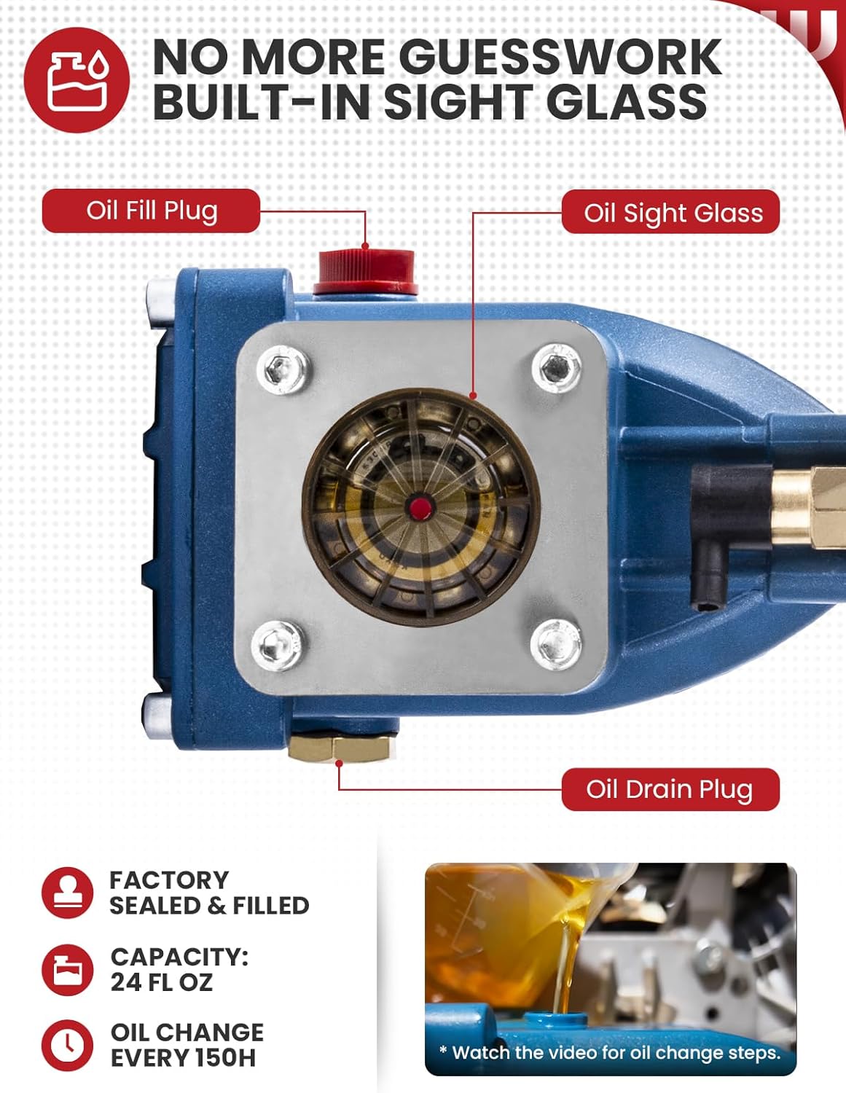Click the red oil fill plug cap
click(364, 270)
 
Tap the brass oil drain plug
click(342, 747)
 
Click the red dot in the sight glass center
click(418, 507)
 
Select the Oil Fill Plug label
click(152, 211)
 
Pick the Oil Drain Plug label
click(669, 789)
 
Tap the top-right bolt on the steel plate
click(557, 367)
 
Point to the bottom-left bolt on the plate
click(278, 645)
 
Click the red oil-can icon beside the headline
click(77, 80)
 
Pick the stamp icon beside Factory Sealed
click(68, 892)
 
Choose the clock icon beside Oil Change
click(68, 1045)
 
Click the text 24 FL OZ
click(161, 982)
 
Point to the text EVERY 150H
click(183, 1058)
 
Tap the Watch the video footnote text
click(609, 1053)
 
